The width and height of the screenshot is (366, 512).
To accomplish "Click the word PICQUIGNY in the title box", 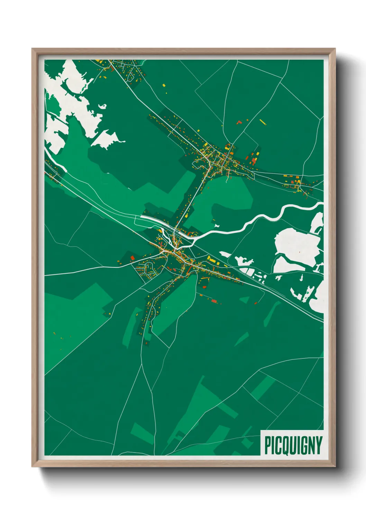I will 293,445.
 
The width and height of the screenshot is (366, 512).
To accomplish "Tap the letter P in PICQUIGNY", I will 267,445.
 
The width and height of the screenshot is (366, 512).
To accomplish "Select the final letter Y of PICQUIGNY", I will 319,445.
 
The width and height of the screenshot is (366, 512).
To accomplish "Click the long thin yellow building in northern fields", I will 263,121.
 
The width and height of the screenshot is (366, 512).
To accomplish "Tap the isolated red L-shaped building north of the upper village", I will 238,122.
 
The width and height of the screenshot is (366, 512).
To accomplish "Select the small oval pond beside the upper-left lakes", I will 102,107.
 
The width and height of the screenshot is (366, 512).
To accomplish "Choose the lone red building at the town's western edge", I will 132,257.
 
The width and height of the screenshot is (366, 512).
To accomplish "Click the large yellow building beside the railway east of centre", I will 212,259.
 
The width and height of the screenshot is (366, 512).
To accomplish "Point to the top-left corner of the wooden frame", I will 32,49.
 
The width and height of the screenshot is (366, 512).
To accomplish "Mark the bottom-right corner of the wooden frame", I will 335,467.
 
